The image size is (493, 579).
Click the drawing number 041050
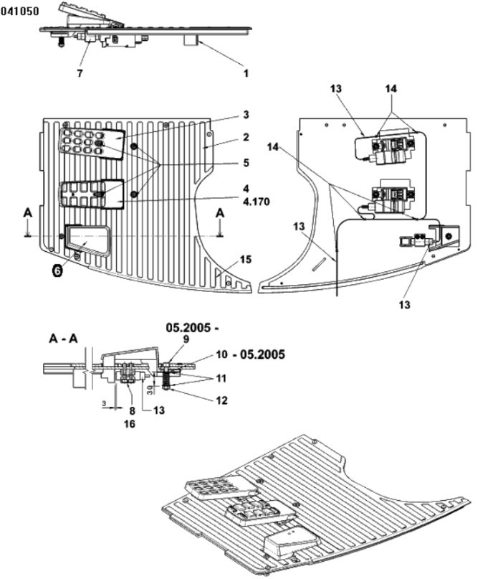[19, 11]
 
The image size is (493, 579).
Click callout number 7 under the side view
[80, 73]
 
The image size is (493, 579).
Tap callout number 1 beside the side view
[246, 73]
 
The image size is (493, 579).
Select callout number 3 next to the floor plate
[246, 115]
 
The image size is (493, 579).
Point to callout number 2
[246, 137]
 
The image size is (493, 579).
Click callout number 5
[246, 163]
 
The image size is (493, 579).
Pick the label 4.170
[256, 202]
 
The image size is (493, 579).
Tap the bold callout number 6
[57, 271]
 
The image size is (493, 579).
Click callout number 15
[246, 260]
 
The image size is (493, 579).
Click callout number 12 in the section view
[221, 400]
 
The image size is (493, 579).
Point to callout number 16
[130, 424]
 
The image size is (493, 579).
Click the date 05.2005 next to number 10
[262, 354]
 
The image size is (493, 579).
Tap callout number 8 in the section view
[132, 410]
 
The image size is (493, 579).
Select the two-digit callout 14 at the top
[391, 89]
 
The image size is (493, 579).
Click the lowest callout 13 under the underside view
[404, 305]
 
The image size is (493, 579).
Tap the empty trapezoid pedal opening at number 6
[87, 240]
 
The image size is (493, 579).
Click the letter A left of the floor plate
[28, 213]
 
